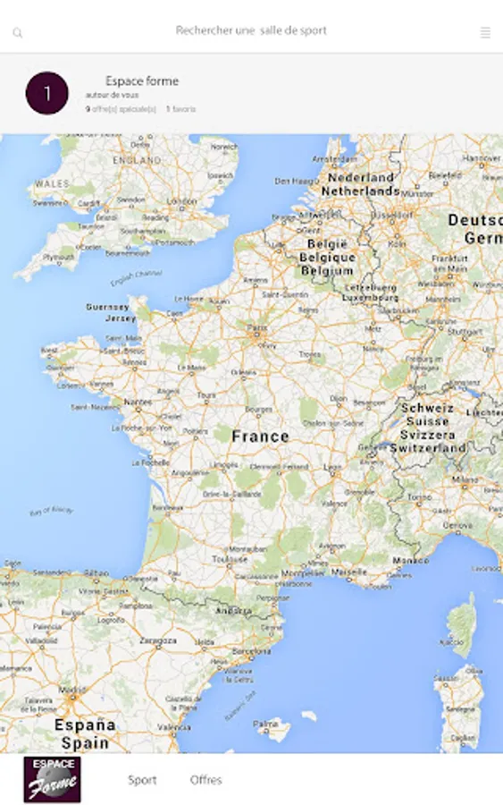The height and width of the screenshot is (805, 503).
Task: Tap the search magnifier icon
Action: click(17, 33)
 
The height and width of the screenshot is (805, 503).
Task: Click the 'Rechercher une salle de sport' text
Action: click(251, 30)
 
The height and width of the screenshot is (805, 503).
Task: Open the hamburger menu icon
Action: click(485, 33)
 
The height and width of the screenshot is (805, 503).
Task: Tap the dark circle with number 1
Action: click(47, 93)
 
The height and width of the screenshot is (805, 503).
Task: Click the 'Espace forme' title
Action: click(142, 80)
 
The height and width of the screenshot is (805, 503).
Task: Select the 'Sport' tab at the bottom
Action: click(142, 780)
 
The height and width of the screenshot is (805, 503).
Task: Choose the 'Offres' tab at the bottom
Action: click(205, 780)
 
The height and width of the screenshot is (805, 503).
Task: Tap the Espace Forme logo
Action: click(52, 779)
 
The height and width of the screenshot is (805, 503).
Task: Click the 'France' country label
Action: click(260, 436)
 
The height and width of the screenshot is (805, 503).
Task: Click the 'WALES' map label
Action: click(52, 183)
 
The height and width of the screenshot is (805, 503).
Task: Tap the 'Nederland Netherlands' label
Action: click(360, 184)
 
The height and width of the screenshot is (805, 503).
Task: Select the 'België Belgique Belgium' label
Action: click(327, 257)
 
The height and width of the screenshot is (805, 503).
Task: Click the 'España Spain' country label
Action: click(85, 733)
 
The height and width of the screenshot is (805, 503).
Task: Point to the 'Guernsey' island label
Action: click(107, 307)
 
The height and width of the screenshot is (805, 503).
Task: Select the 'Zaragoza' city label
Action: click(157, 640)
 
